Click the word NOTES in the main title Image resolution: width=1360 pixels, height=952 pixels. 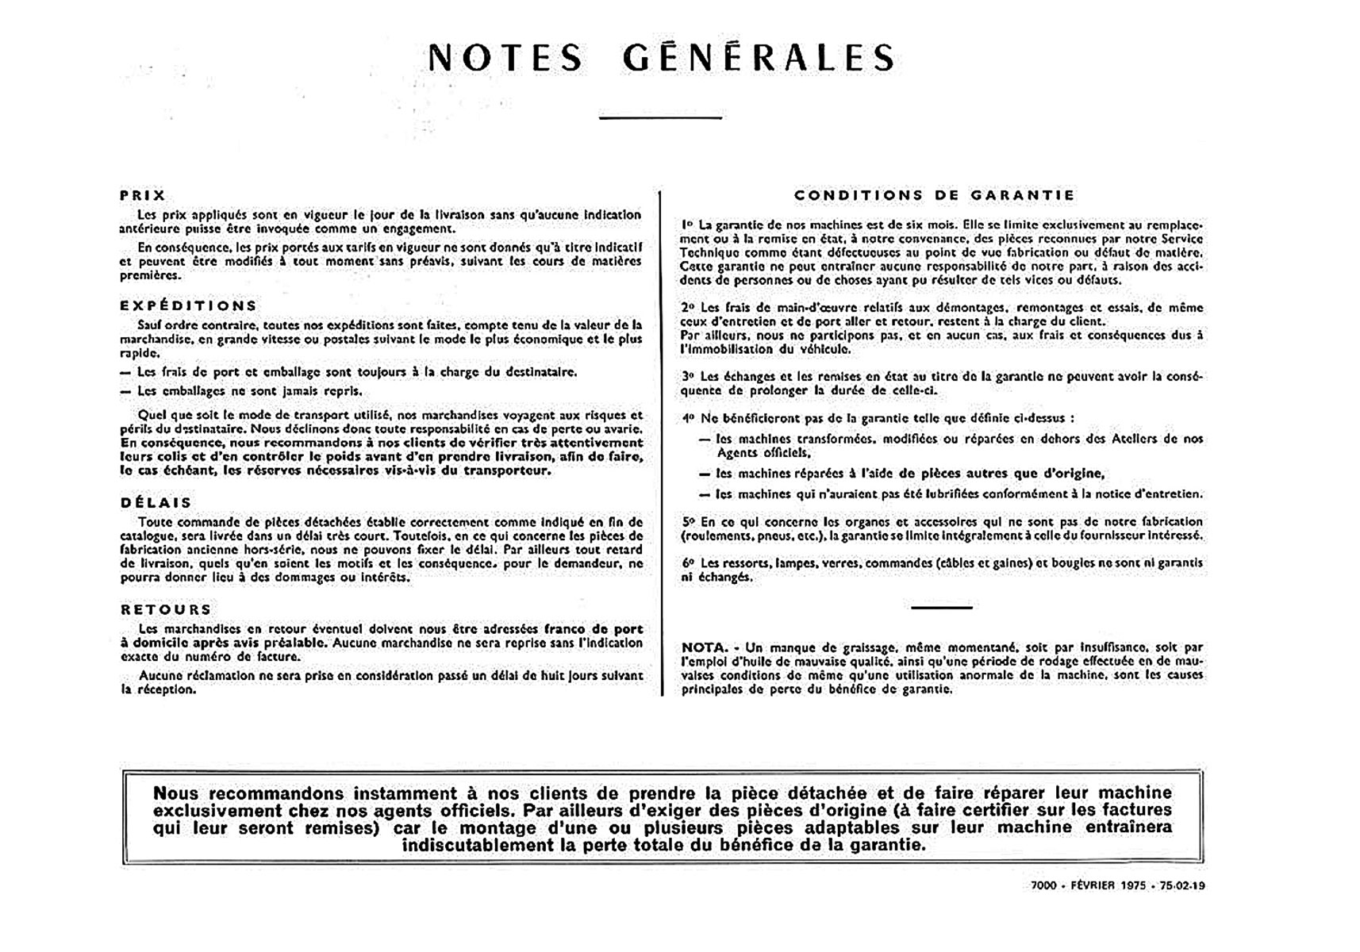tap(505, 58)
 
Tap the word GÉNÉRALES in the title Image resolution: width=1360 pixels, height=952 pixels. tap(759, 58)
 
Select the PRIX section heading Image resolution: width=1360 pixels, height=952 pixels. tap(143, 195)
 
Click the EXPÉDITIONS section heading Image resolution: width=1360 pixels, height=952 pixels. tap(189, 305)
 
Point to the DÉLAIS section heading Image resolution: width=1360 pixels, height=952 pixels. tap(156, 503)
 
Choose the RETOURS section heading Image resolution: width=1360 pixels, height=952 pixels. tap(166, 609)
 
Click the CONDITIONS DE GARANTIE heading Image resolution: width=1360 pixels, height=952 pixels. tap(935, 195)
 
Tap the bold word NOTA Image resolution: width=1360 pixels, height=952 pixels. tap(704, 647)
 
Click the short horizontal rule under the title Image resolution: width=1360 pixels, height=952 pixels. tap(660, 118)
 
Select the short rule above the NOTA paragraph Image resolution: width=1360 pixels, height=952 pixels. tap(941, 608)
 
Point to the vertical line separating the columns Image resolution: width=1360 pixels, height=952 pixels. tap(661, 444)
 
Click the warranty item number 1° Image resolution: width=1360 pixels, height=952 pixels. tap(687, 225)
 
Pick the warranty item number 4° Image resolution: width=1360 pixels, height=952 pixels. tap(688, 418)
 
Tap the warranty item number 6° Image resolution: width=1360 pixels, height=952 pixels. tap(688, 563)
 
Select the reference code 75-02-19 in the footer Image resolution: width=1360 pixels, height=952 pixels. tap(1181, 885)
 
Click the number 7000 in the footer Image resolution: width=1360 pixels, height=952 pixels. tap(1043, 885)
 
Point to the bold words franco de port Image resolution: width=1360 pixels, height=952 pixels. tap(594, 629)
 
